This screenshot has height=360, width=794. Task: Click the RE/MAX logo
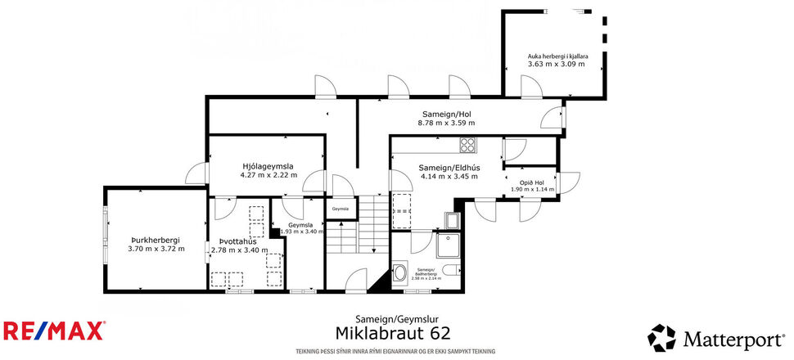click(54, 331)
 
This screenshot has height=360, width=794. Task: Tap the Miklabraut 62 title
click(393, 332)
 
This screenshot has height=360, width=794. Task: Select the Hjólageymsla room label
click(267, 166)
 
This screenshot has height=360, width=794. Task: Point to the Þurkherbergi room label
click(155, 241)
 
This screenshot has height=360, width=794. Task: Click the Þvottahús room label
click(238, 241)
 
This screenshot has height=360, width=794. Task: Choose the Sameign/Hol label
click(446, 114)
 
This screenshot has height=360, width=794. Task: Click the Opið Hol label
click(532, 181)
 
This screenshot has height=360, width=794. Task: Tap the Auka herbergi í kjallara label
click(556, 56)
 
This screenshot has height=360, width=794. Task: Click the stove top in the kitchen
click(468, 145)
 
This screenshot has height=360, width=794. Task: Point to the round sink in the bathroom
click(401, 272)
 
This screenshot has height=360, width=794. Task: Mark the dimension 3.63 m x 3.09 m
click(556, 64)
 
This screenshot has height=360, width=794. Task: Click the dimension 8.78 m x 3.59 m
click(446, 123)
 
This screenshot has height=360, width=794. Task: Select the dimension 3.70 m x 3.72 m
click(155, 249)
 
